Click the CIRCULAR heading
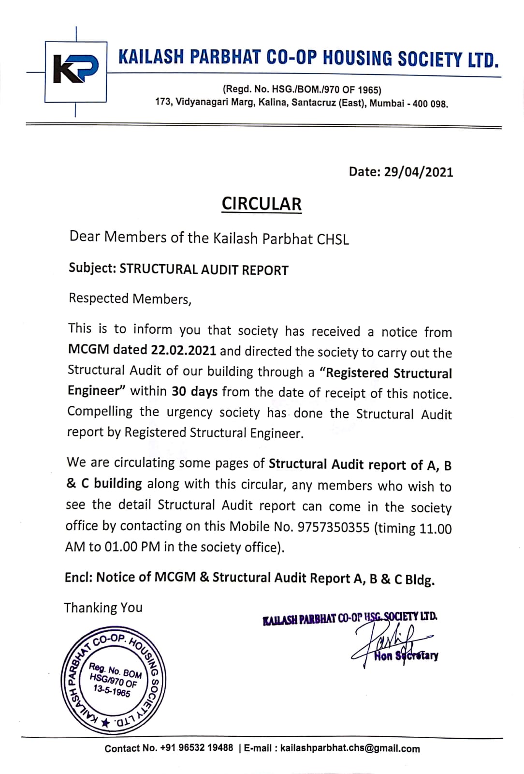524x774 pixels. pyautogui.click(x=262, y=204)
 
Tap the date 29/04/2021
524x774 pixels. pyautogui.click(x=419, y=172)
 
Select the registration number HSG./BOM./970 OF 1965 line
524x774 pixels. pyautogui.click(x=302, y=89)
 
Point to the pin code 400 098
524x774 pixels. pyautogui.click(x=430, y=104)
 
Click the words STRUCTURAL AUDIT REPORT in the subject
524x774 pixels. pyautogui.click(x=204, y=270)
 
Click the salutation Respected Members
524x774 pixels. pyautogui.click(x=130, y=298)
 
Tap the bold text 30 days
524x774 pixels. pyautogui.click(x=194, y=391)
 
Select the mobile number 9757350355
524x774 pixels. pyautogui.click(x=334, y=527)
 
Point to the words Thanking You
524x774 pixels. pyautogui.click(x=103, y=608)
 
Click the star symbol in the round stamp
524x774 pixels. pyautogui.click(x=105, y=723)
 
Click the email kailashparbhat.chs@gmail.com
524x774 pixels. pyautogui.click(x=350, y=748)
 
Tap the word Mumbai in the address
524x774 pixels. pyautogui.click(x=387, y=103)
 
